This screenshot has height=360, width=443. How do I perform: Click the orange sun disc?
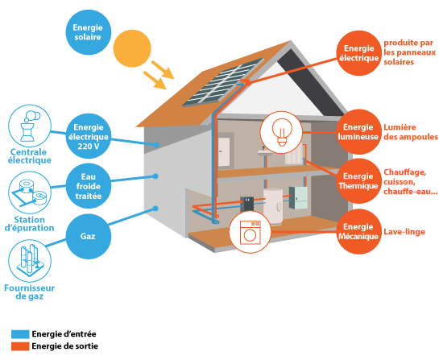coord(132,48)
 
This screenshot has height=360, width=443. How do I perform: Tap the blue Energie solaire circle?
coord(88,32)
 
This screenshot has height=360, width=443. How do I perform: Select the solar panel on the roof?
coord(223,82)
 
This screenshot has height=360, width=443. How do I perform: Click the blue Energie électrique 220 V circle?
coord(88,136)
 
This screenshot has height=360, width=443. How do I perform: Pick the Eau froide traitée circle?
coord(88,186)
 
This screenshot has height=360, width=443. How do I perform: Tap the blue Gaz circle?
coord(88,236)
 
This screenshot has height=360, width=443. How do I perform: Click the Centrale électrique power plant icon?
coord(30,126)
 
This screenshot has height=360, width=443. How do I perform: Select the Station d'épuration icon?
coord(30,192)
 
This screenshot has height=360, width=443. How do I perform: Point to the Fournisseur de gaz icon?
coord(30,260)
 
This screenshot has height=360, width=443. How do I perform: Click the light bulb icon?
coord(281,133)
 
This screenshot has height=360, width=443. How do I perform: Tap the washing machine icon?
coord(250,232)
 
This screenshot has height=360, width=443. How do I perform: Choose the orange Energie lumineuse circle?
coord(358,132)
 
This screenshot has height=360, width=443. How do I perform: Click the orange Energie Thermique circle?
coord(358,181)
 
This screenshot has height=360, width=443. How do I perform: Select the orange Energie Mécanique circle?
coord(358,232)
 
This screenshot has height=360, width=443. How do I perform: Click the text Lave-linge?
coord(404,232)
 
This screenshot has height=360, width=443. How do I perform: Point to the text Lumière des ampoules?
coord(411,132)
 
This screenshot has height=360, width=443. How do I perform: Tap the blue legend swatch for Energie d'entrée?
coord(20,334)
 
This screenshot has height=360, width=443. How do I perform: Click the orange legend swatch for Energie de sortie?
coord(20,346)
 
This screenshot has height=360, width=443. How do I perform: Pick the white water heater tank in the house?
coord(273,206)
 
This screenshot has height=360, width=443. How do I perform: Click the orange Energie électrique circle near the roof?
coord(358,53)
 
